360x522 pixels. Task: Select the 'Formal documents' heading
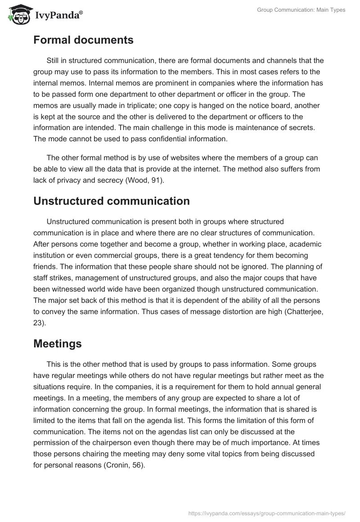(x=83, y=40)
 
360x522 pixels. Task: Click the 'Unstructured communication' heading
(x=111, y=201)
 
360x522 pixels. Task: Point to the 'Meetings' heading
(x=57, y=344)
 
